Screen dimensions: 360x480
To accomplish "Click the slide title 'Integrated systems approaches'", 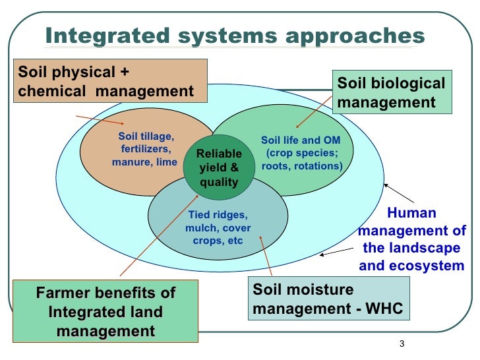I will pos(235,36).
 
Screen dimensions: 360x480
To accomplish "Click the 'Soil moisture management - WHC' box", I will pos(328,299).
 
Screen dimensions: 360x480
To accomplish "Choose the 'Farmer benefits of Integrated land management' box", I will pos(105,311).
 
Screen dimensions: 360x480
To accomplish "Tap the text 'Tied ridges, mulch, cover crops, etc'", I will pos(218,227).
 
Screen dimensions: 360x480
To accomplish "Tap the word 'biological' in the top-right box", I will pos(405,84).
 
